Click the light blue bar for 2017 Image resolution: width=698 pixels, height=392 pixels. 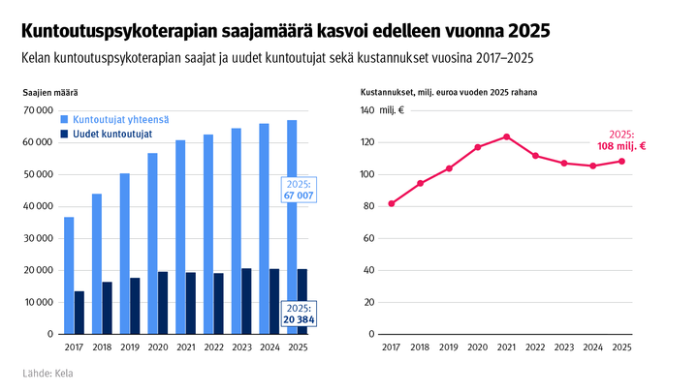(69, 276)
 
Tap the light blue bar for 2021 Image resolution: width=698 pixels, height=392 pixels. (180, 237)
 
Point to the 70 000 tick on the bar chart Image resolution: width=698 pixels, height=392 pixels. (38, 110)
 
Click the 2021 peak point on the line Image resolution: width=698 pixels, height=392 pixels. (506, 136)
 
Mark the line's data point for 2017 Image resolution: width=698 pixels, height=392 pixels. (391, 203)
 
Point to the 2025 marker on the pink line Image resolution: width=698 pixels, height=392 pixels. (621, 162)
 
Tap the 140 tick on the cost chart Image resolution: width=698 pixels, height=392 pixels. (366, 110)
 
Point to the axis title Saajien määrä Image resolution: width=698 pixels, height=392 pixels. (50, 92)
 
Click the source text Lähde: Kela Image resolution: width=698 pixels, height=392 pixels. (47, 374)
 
